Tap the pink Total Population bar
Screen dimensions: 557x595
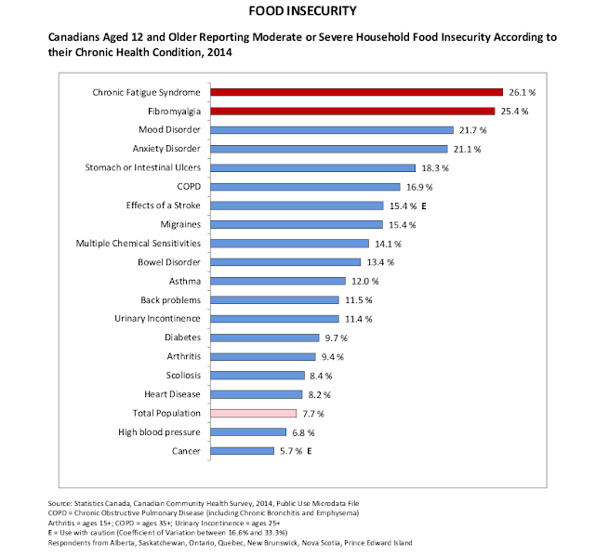click(253, 413)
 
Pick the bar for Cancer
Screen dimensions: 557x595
click(244, 451)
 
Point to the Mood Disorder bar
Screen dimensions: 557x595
click(332, 130)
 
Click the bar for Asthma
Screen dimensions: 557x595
click(278, 281)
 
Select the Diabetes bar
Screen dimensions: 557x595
click(265, 338)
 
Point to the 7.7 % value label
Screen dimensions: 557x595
click(314, 413)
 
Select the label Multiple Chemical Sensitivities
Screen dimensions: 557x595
click(139, 244)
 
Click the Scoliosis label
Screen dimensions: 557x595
click(180, 375)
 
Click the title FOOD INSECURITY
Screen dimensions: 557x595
click(297, 12)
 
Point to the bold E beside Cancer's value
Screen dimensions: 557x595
click(310, 451)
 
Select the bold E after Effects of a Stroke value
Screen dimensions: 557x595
click(421, 206)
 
